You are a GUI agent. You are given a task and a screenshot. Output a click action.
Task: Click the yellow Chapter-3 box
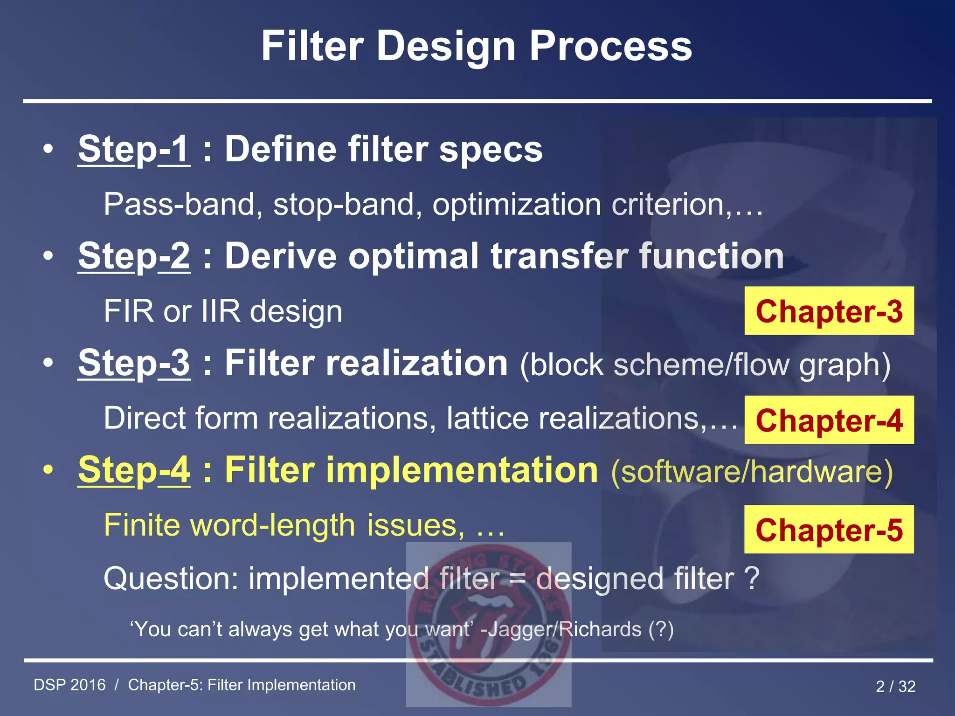point(829,311)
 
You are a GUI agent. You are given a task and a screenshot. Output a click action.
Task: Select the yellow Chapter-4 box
point(829,420)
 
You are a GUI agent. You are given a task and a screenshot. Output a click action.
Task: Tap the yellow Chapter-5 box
point(829,530)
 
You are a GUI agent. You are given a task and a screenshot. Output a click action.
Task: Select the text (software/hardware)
point(752,472)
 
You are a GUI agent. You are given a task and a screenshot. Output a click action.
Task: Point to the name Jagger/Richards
point(564,629)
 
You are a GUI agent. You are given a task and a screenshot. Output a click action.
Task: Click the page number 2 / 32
point(895,686)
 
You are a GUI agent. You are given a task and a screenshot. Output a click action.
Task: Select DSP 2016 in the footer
point(70,685)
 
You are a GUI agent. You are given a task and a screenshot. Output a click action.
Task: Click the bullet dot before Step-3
point(48,363)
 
